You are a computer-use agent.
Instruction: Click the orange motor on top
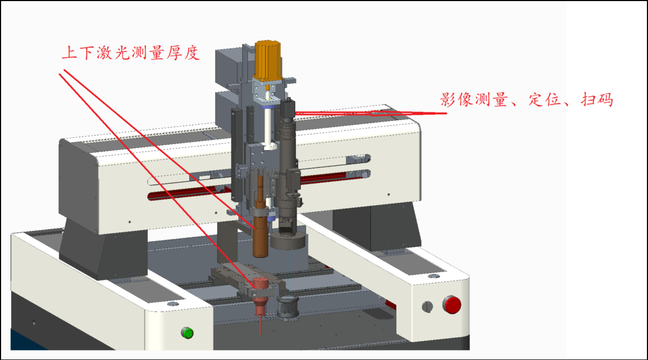pyautogui.click(x=268, y=61)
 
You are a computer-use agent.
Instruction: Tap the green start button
pyautogui.click(x=188, y=333)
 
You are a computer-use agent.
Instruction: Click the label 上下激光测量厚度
pyautogui.click(x=131, y=53)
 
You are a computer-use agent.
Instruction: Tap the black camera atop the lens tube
pyautogui.click(x=288, y=109)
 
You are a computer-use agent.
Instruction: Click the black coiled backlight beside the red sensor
pyautogui.click(x=288, y=307)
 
